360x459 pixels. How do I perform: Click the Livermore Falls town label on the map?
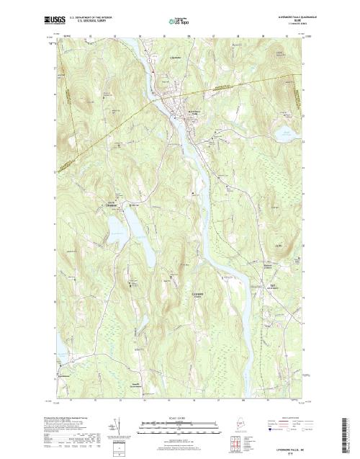pyautogui.click(x=194, y=113)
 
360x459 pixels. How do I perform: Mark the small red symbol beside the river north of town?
pyautogui.click(x=153, y=70)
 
